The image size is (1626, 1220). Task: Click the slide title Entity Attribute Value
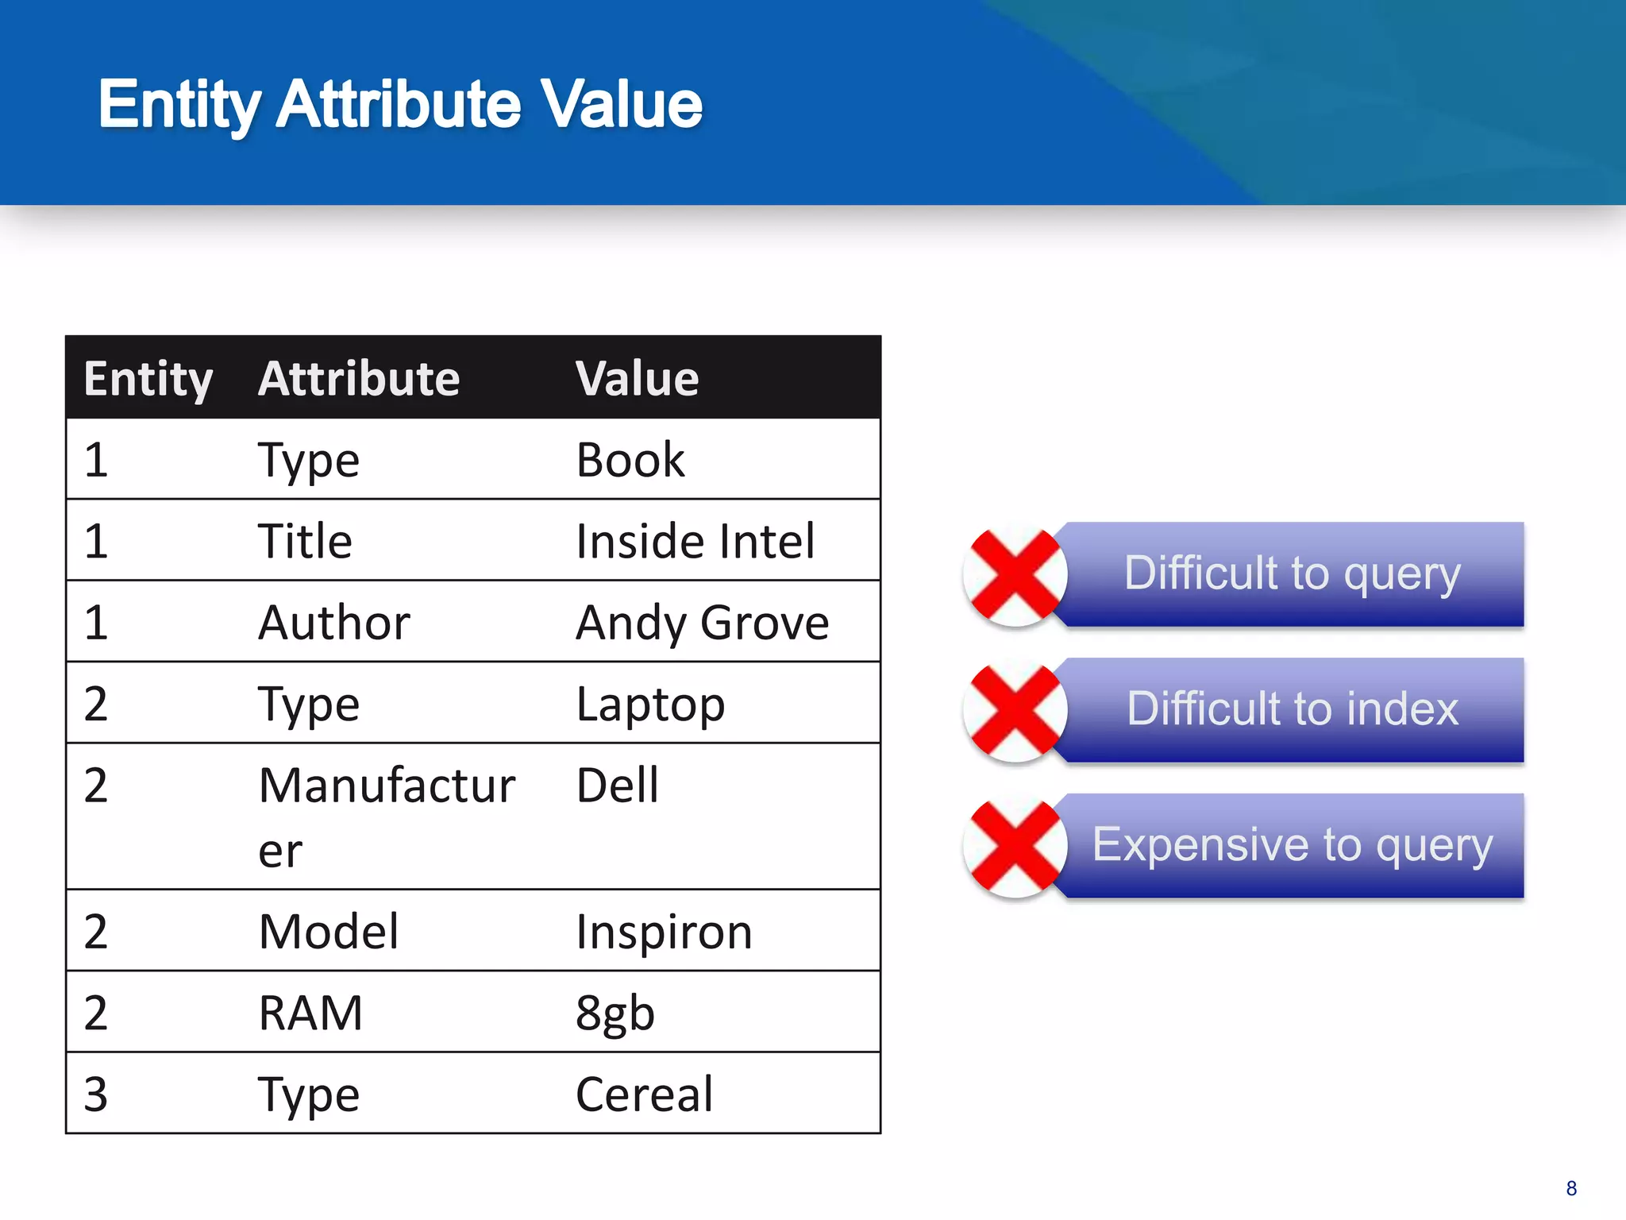click(x=400, y=104)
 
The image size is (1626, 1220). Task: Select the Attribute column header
click(x=359, y=378)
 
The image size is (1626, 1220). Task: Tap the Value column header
click(x=637, y=378)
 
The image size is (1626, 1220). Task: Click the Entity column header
click(x=148, y=379)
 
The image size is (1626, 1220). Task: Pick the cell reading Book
click(x=630, y=460)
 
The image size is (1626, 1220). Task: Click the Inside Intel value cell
click(x=695, y=541)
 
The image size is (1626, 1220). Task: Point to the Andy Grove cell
click(x=702, y=622)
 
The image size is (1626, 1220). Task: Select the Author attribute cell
click(x=334, y=622)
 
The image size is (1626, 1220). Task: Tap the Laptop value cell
click(x=650, y=704)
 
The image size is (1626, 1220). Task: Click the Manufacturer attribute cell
click(x=387, y=816)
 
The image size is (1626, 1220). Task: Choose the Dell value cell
click(x=618, y=786)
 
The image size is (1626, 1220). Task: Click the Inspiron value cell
click(x=664, y=932)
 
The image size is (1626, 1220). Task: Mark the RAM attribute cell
click(x=310, y=1013)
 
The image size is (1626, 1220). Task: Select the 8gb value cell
click(x=615, y=1013)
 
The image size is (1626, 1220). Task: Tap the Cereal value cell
click(x=644, y=1095)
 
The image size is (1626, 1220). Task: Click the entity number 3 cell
click(x=96, y=1095)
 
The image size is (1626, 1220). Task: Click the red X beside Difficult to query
click(x=1015, y=576)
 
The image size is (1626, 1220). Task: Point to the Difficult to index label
click(x=1292, y=708)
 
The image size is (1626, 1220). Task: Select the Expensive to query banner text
click(x=1292, y=844)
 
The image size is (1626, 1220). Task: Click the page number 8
click(x=1571, y=1188)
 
